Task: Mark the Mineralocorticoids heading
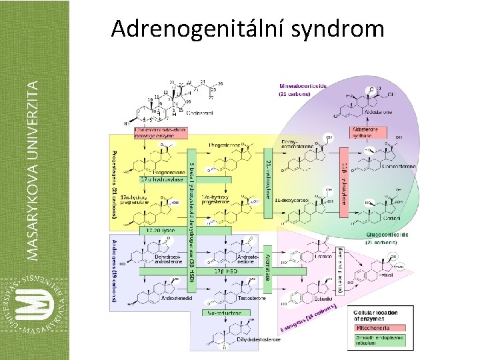[303, 90]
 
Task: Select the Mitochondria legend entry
[378, 328]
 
